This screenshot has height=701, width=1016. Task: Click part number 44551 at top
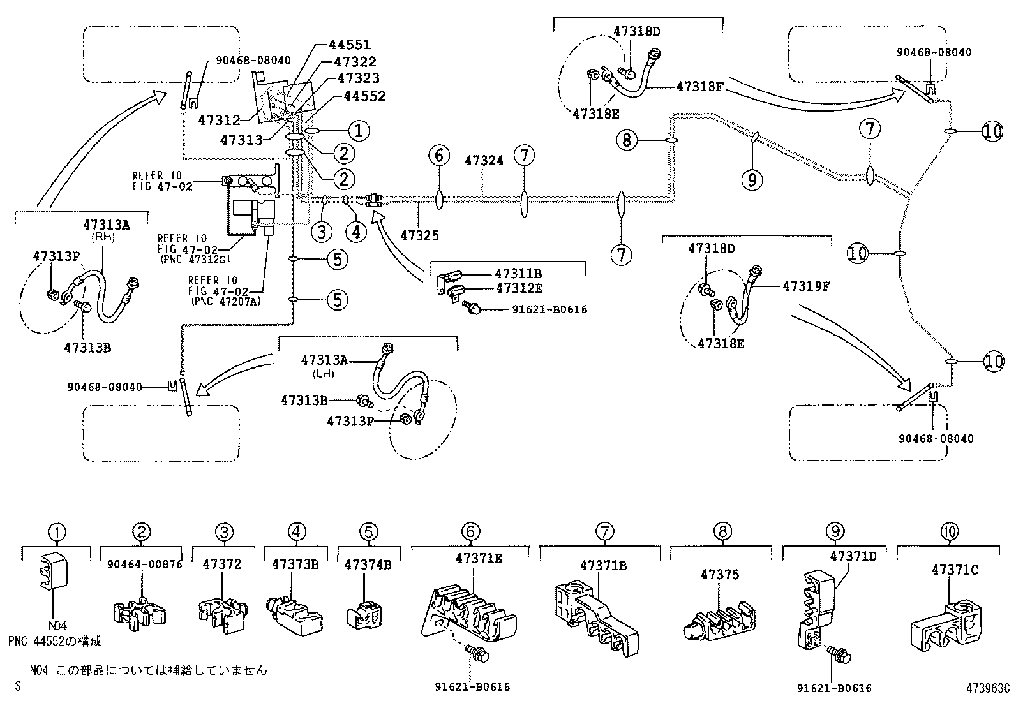tap(350, 45)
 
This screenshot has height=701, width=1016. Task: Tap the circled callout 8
tap(627, 140)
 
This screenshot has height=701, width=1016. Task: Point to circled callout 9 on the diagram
tap(752, 181)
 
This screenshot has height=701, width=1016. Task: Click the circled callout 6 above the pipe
tap(439, 155)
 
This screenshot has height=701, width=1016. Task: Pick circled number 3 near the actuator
tap(322, 231)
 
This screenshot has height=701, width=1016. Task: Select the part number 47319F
tap(806, 286)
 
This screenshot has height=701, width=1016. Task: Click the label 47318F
tap(699, 86)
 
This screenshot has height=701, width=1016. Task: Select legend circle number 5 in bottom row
tap(368, 531)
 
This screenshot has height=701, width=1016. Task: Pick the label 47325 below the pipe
tap(419, 235)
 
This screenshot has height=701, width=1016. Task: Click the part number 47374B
tap(368, 564)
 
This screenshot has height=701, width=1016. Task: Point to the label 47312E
tap(518, 288)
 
